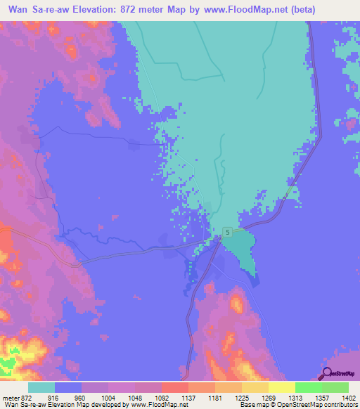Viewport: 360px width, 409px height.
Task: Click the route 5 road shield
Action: (x=227, y=231)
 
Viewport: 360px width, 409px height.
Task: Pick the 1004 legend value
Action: (x=115, y=398)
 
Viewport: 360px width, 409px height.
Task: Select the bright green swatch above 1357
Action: (x=308, y=387)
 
